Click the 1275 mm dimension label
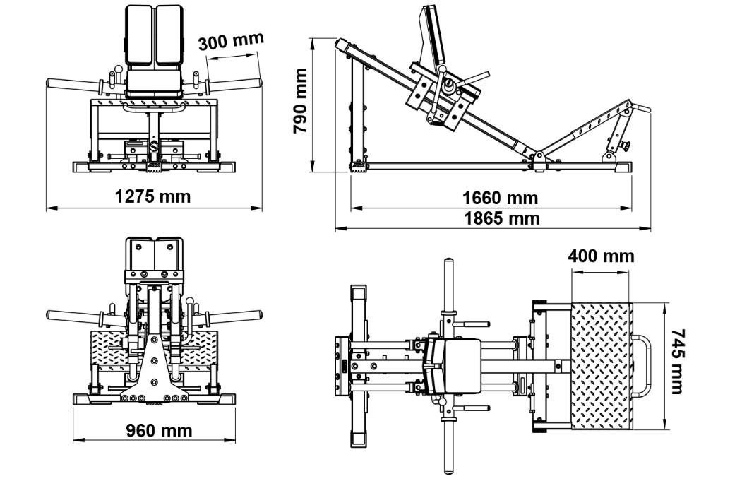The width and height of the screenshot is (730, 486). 153,196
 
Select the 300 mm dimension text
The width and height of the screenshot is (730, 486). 230,42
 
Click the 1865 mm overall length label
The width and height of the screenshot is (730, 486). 501,218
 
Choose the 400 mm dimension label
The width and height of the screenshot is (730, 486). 602,256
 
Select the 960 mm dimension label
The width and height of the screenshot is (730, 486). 159,429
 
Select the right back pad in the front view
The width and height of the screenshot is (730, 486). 169,35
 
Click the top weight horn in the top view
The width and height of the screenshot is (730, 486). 447,283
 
